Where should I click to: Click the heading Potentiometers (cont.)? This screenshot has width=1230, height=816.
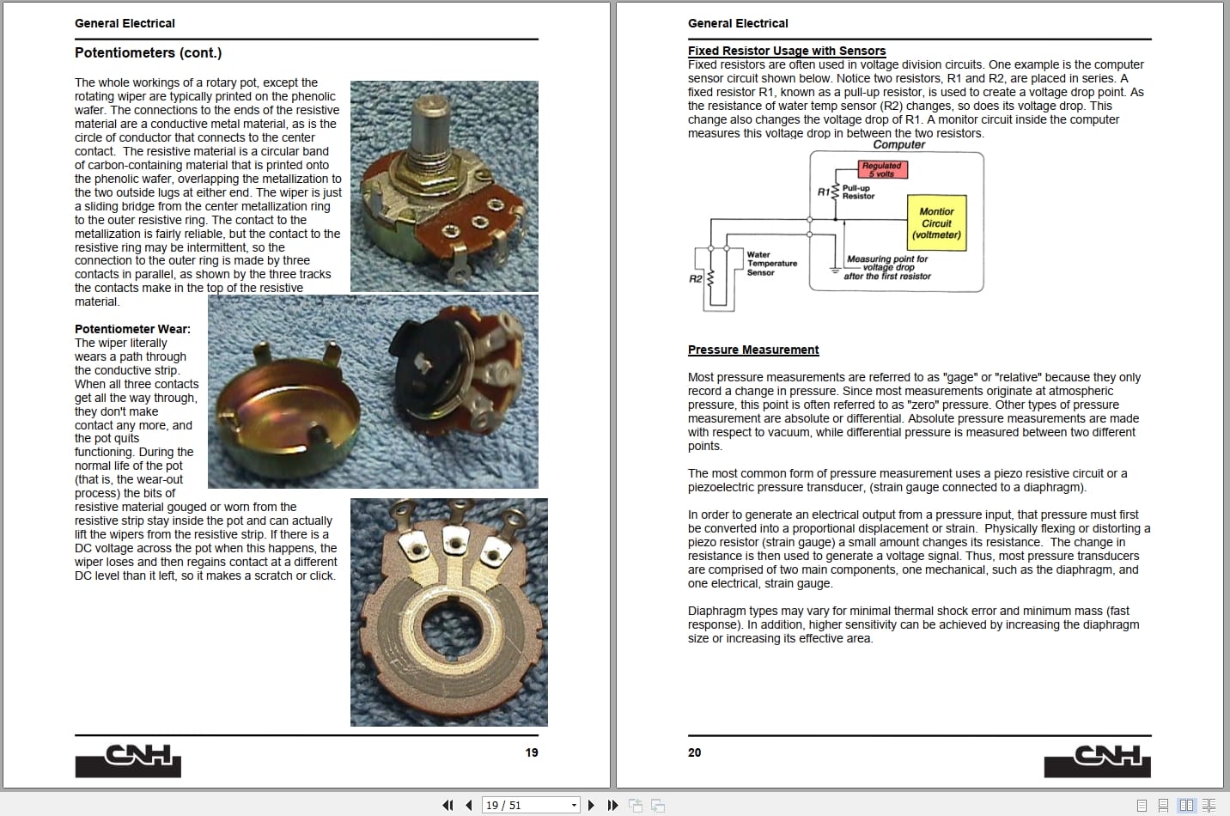(148, 53)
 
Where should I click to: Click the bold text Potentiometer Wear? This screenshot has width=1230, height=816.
(132, 329)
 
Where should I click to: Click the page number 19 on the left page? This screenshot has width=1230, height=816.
(532, 752)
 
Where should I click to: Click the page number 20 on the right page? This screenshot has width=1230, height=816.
(694, 752)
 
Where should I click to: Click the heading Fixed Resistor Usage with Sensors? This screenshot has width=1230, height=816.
(786, 51)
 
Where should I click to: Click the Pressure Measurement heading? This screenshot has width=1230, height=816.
(753, 350)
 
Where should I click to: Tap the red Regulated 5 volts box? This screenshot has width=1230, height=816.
(882, 169)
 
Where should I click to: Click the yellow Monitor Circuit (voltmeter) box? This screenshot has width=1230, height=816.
(936, 223)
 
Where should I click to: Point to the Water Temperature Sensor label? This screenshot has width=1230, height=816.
(770, 264)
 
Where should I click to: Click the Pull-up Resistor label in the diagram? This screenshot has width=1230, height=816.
(857, 192)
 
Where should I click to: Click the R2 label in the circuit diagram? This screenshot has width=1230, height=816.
(695, 279)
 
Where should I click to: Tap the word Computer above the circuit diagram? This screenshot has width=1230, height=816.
(898, 144)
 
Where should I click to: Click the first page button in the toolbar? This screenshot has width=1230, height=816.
(448, 805)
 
